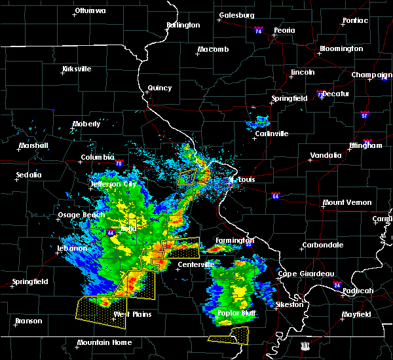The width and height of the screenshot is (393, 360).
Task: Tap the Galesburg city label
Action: (x=237, y=15)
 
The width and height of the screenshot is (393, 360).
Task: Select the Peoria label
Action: (x=284, y=30)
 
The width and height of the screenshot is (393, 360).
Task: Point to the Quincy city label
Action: (x=160, y=88)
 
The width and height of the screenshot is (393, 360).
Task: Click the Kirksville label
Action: (x=77, y=69)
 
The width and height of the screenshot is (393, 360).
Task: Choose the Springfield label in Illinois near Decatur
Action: (x=290, y=98)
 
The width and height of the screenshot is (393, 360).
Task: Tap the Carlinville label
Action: (x=271, y=134)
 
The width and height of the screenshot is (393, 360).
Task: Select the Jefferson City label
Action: (x=114, y=185)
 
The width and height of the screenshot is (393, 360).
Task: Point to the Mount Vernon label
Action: (x=347, y=202)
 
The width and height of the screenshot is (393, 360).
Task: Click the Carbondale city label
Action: (x=322, y=245)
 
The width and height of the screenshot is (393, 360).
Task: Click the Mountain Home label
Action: (x=104, y=342)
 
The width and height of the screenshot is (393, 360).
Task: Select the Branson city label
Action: (x=28, y=321)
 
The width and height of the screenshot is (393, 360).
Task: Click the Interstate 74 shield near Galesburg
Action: (x=259, y=31)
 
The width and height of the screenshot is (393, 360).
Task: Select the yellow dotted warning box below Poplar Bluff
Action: (x=229, y=336)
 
